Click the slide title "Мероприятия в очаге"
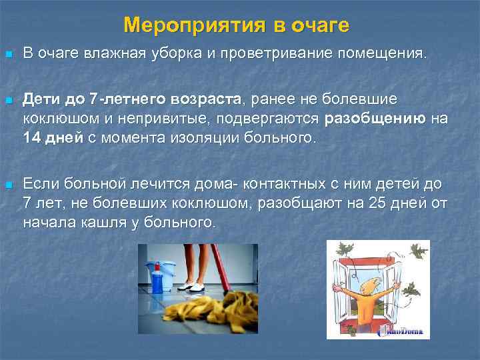point(237,25)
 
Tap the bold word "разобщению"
point(375,119)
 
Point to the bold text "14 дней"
point(53,139)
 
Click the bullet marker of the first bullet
point(8,54)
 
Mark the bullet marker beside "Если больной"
point(8,183)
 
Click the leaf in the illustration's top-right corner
point(418,251)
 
